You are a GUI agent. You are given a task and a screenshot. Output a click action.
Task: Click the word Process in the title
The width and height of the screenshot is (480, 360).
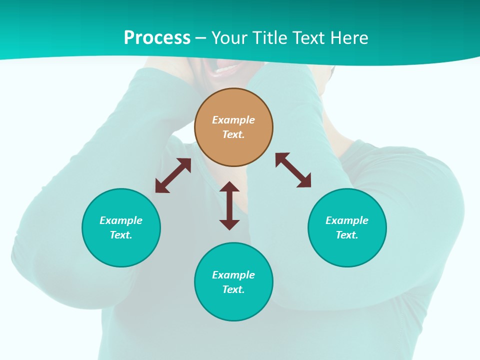pos(157,38)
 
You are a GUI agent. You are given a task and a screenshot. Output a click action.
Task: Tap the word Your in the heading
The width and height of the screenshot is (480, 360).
pos(230,38)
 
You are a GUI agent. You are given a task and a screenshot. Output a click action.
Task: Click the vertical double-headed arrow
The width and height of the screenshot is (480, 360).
pos(229,205)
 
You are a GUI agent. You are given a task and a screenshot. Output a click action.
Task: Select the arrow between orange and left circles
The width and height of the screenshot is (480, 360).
pos(173,175)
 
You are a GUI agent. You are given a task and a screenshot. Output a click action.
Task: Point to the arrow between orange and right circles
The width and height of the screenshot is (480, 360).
pos(293,170)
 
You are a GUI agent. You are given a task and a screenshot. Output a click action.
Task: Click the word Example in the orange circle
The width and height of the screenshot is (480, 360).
pos(233,120)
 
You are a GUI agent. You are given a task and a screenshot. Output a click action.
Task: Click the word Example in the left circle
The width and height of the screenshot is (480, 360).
pos(121,220)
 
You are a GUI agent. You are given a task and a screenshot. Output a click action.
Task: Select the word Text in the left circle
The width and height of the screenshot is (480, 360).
pos(121,235)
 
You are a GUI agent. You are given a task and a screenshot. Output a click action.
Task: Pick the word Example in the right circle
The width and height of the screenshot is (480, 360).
pos(347,220)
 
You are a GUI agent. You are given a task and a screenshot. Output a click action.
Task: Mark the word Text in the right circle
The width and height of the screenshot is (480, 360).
pos(347,235)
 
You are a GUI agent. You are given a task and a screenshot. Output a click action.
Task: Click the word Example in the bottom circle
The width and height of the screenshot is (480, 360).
pos(233,275)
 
